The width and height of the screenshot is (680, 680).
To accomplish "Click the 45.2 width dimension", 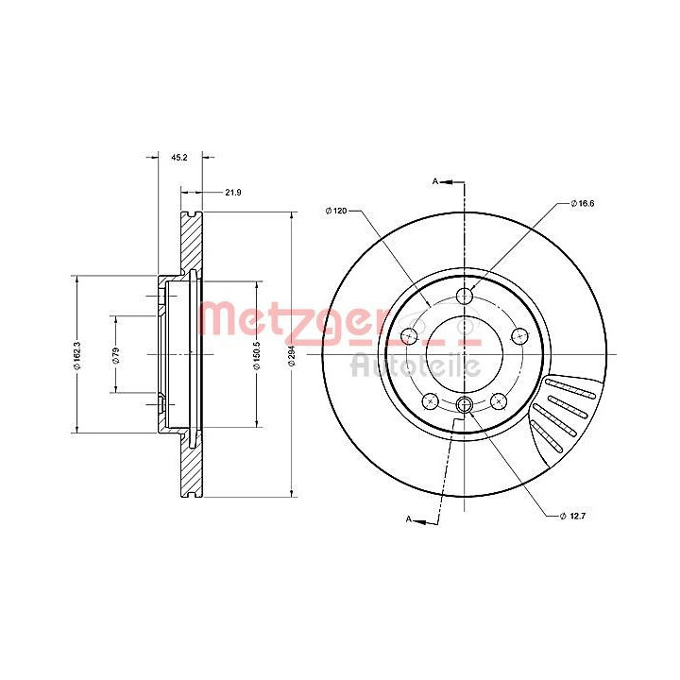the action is [x=179, y=158].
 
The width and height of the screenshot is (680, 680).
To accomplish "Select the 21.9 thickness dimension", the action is [x=233, y=192].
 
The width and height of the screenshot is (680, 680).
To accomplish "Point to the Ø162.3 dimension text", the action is [x=78, y=355].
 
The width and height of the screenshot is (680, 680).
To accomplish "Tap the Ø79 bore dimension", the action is [x=116, y=355].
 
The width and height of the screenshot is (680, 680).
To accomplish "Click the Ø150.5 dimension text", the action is [x=257, y=355].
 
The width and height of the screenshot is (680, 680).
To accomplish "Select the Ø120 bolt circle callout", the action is [x=336, y=211].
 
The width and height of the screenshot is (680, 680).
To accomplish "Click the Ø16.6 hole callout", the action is [x=582, y=203].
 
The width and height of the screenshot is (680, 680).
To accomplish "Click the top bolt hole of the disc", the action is [x=465, y=297].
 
